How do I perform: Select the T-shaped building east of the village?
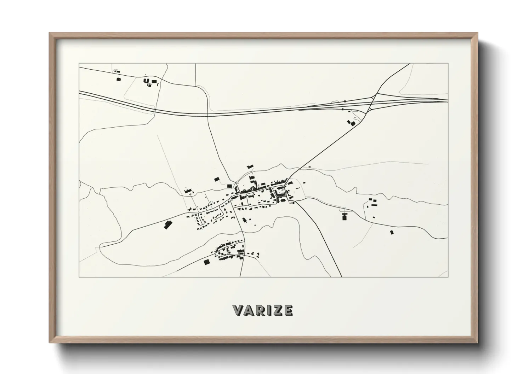click(344, 216)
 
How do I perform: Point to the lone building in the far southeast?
click(392, 232)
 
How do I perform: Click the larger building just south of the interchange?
click(352, 123)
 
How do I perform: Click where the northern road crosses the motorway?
click(208, 115)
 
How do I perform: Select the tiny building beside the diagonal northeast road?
click(309, 167)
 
